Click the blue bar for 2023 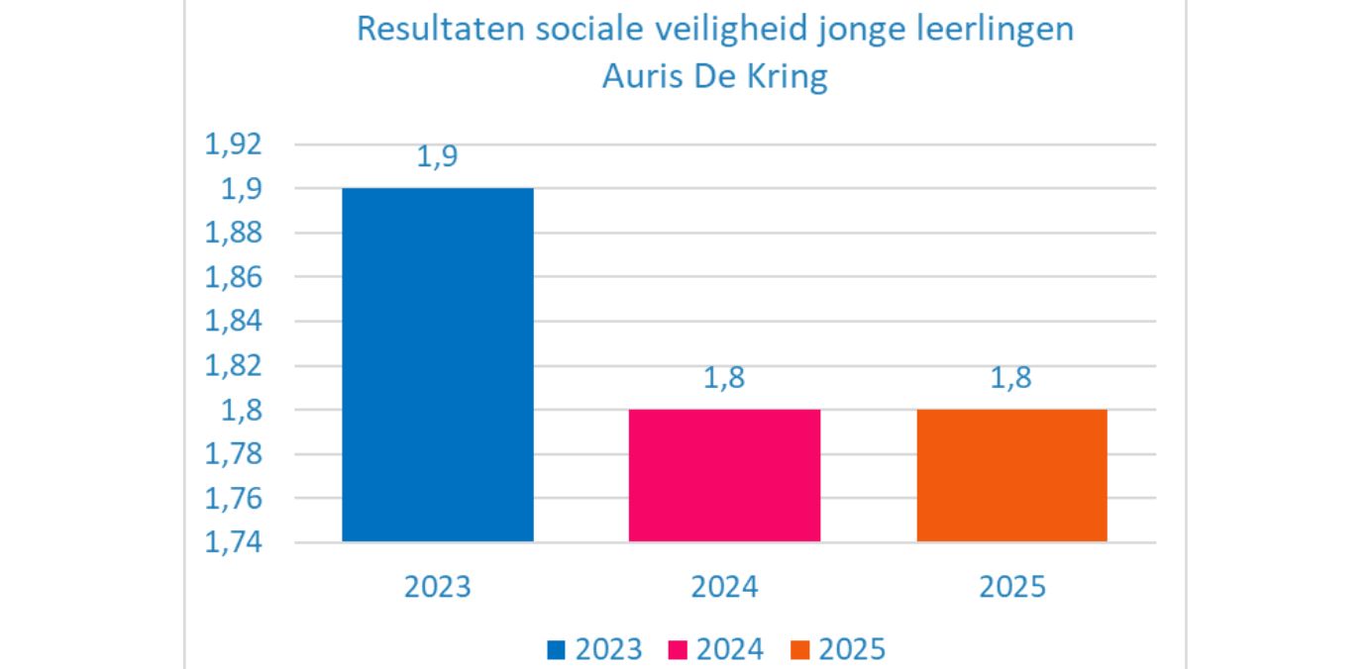(x=438, y=364)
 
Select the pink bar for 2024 (x=725, y=475)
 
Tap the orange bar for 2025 (x=1011, y=475)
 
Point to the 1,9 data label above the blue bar (x=437, y=156)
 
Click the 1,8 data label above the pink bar (x=724, y=378)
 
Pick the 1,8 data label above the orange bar (x=1011, y=378)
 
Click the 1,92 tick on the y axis (x=233, y=144)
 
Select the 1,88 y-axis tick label (x=233, y=233)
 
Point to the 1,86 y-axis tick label (x=233, y=277)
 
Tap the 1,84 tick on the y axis (x=233, y=321)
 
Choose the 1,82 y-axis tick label (x=233, y=366)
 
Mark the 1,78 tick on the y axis (x=233, y=454)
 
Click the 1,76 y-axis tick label (x=233, y=499)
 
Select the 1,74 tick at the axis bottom (x=233, y=542)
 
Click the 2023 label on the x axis (x=438, y=587)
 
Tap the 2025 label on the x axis (x=1012, y=587)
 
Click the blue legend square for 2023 (x=556, y=650)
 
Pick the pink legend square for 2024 (x=678, y=650)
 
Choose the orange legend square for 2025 (x=800, y=650)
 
